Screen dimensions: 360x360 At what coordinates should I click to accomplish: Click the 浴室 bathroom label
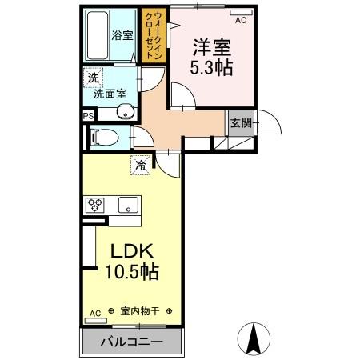[x=122, y=35]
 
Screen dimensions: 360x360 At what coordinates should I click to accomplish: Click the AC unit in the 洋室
[x=240, y=15]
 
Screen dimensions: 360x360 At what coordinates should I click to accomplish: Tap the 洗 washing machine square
[x=93, y=78]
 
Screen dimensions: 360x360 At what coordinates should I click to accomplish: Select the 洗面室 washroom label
[x=109, y=93]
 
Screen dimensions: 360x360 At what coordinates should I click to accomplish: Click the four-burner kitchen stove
[x=96, y=204]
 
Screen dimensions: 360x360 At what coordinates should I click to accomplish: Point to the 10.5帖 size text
[x=131, y=272]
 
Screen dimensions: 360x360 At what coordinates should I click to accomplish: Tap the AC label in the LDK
[x=94, y=312]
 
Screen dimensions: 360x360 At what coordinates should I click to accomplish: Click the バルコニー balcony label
[x=132, y=342]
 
